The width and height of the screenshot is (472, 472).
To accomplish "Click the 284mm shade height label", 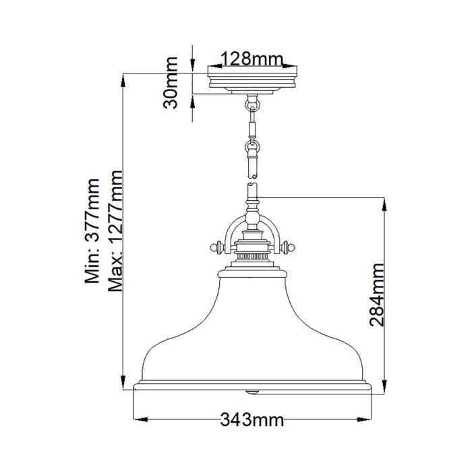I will [x=378, y=295].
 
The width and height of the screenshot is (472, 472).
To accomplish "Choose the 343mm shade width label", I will [x=252, y=421].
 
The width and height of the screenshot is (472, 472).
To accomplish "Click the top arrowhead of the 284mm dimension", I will [x=384, y=202].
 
